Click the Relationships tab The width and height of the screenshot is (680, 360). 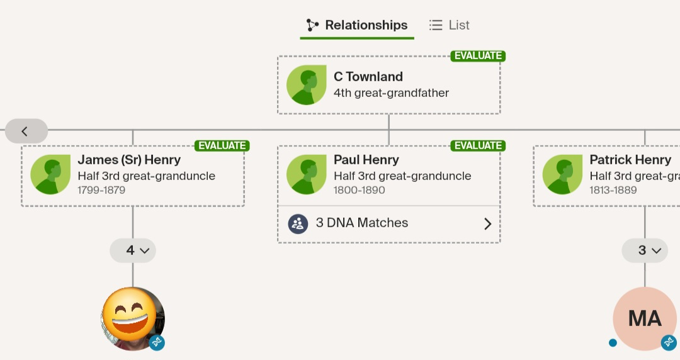pos(357,25)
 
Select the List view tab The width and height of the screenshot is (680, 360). pos(450,25)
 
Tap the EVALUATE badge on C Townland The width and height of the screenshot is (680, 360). pos(478,56)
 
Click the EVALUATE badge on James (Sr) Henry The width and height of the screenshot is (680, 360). pos(222,146)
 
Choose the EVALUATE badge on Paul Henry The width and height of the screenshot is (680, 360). pos(478,146)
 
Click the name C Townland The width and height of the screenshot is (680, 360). pos(368,77)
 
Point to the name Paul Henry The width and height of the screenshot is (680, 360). pos(366,160)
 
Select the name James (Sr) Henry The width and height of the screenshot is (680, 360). pos(129,160)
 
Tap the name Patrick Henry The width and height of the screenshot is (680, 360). pos(630,160)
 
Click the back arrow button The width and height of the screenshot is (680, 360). pos(26,131)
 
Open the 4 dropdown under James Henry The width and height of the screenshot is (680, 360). pos(133,250)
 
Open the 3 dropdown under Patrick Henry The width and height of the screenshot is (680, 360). pos(645,250)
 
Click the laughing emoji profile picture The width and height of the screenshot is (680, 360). pos(133,318)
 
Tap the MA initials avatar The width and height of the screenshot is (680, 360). pos(645,318)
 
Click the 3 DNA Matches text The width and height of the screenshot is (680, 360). pos(361,223)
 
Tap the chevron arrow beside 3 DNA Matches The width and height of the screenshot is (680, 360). pos(488,224)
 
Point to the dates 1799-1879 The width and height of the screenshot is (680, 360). pos(101,190)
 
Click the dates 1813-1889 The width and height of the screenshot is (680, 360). pos(613,190)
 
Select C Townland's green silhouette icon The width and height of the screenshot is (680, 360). pos(306,85)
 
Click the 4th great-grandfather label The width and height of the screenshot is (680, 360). pos(391,93)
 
